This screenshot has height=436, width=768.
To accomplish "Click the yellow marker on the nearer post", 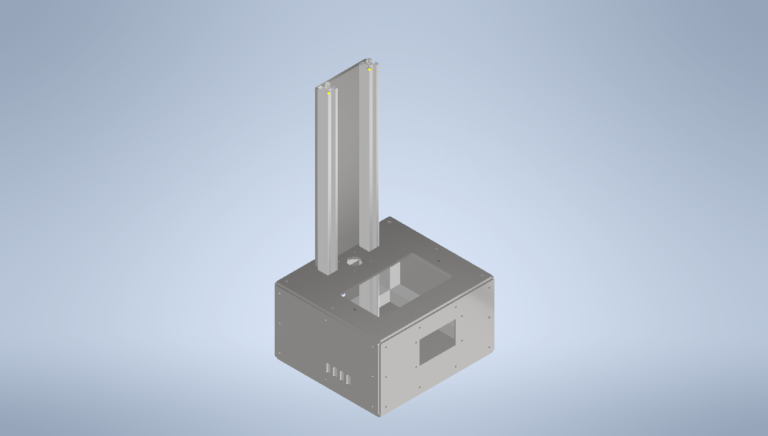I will point(329,93).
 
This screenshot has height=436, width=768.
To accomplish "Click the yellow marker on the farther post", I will point(369,70).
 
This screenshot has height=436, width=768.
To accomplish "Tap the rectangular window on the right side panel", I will point(437,342).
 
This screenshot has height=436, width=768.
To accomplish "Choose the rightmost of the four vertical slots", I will point(348,379).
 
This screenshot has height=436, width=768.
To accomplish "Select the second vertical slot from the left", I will point(334,372).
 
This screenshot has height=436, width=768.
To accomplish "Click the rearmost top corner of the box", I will point(389,218).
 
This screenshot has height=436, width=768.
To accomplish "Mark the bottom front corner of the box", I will point(380,416).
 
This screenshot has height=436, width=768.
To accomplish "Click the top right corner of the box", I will point(492,278).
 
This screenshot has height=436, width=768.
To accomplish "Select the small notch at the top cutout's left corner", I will point(344,295).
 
